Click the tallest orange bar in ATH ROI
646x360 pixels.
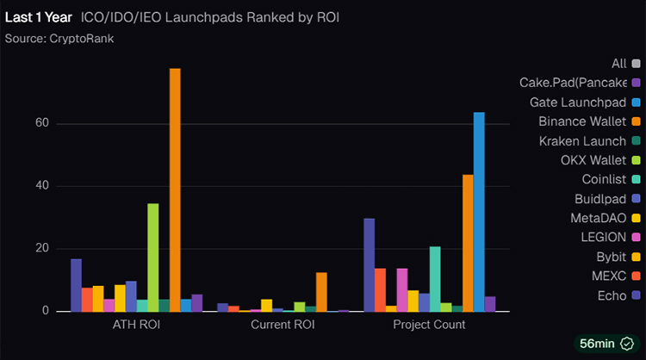tap(175, 189)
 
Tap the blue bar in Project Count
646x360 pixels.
tap(479, 211)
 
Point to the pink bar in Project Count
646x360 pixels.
tap(401, 289)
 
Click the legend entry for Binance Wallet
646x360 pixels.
tap(584, 121)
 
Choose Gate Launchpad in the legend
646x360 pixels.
tap(578, 102)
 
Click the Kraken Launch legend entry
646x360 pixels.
tap(582, 140)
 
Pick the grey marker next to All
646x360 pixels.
tap(636, 64)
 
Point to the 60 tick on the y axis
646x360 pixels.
tap(40, 124)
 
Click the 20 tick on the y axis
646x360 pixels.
tap(40, 249)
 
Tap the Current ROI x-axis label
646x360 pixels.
tap(283, 325)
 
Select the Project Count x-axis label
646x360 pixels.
tap(429, 325)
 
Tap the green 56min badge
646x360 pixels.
tap(606, 343)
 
